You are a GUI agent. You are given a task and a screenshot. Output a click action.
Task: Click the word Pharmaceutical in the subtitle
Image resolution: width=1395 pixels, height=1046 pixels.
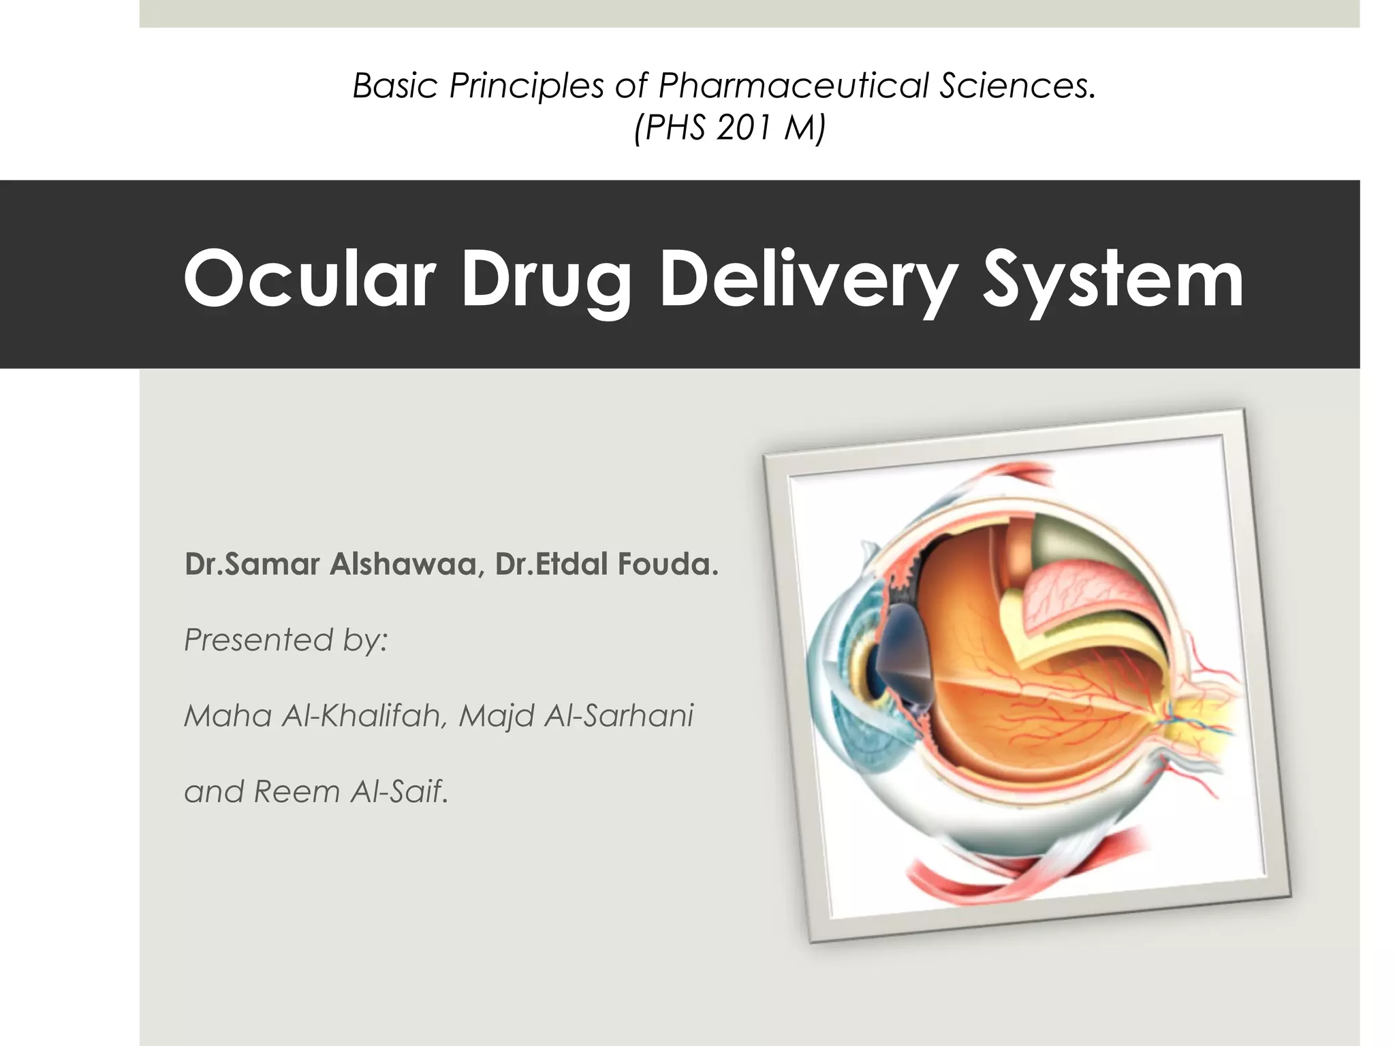(793, 86)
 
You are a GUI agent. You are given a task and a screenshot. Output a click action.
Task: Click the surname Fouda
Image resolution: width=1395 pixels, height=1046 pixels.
(668, 565)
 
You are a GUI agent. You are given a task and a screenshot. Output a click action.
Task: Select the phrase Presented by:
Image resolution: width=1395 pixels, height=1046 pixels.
(285, 640)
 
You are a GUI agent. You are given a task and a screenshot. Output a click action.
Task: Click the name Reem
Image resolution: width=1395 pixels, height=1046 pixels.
(296, 791)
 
